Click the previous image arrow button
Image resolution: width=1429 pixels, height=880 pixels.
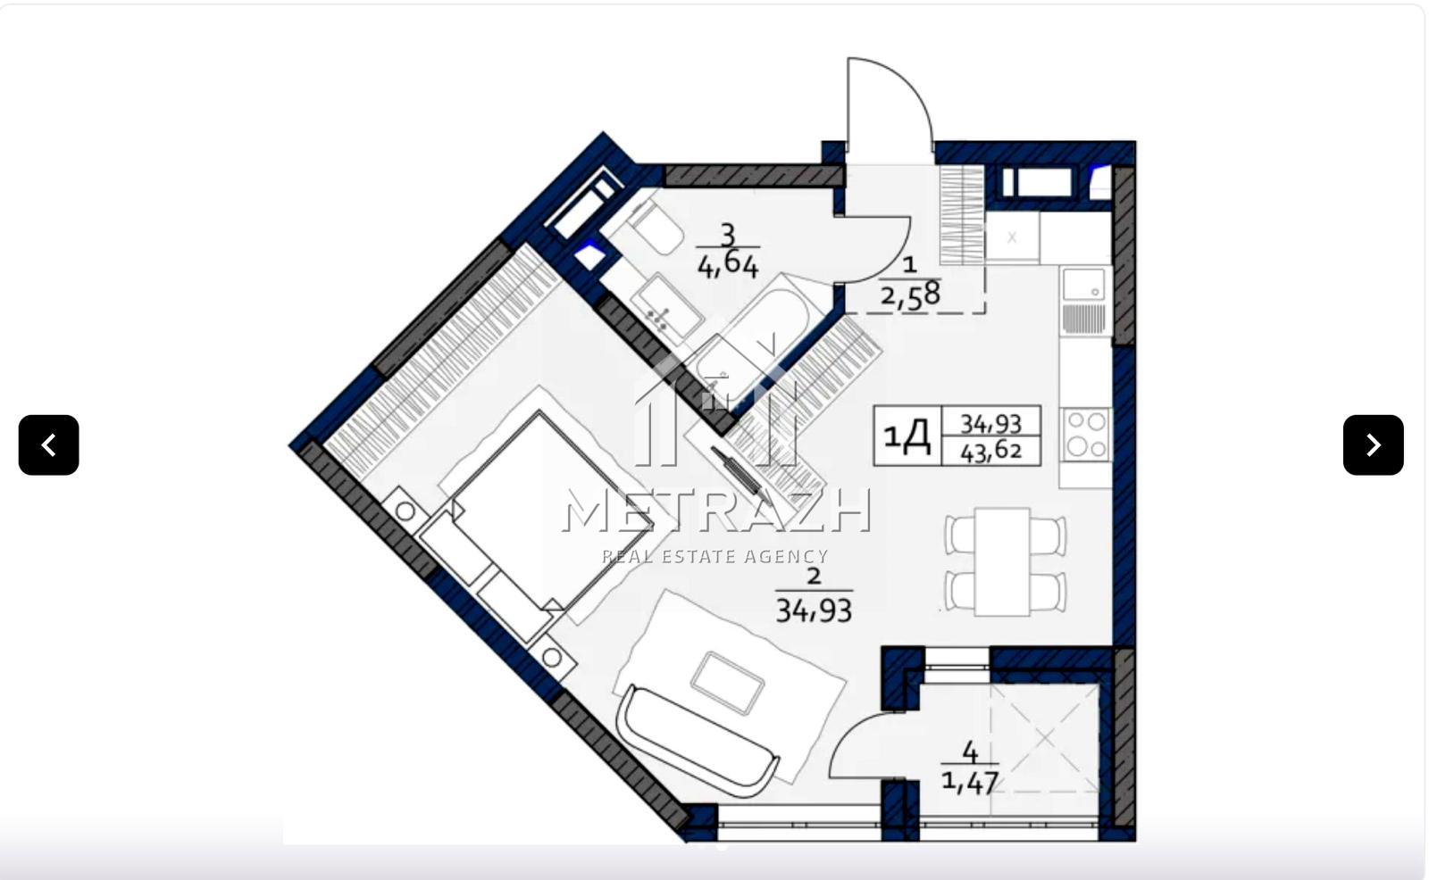coord(48,445)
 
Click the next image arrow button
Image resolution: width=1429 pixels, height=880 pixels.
coord(1374,445)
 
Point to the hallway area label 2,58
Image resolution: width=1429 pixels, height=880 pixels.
coord(910,296)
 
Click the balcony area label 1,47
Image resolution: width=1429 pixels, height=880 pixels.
coord(970,782)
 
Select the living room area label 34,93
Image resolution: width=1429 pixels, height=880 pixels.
coord(814,610)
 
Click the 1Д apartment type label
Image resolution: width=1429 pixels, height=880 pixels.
coord(907,436)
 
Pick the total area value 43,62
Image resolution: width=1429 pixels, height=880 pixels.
coord(991,452)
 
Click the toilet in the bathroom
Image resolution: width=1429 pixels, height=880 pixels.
coord(652,227)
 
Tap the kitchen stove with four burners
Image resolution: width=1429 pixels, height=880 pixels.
coord(1086,435)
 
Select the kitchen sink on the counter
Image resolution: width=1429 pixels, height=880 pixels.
coord(1084,284)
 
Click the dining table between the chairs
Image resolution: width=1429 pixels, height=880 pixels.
coord(1002,561)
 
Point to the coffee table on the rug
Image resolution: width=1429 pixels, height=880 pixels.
coord(727,683)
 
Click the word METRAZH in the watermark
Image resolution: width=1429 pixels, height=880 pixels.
coord(716,511)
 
